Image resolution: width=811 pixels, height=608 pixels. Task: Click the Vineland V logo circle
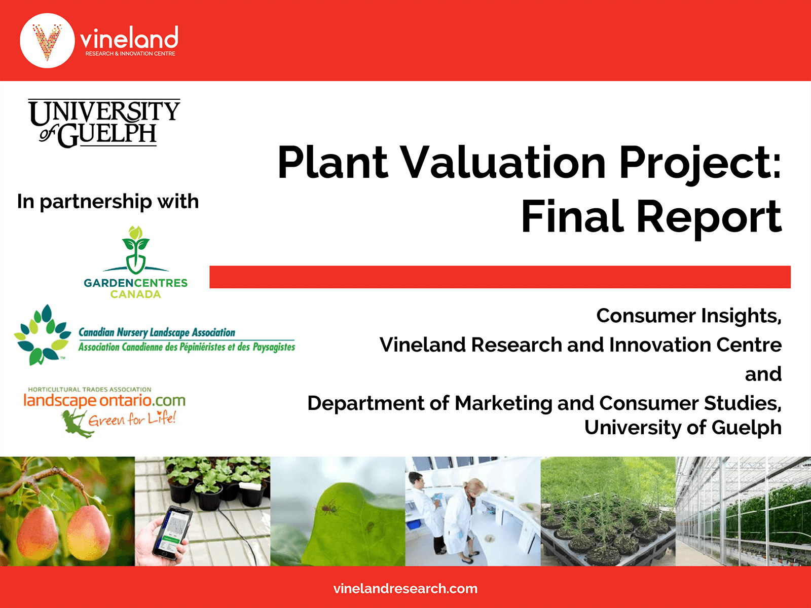point(47,41)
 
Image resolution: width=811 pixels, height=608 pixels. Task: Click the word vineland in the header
point(129,38)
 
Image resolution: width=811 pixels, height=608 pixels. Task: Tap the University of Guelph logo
point(104,123)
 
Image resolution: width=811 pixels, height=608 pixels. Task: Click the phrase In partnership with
point(108,202)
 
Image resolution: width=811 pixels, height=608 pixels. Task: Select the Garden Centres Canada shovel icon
point(136,251)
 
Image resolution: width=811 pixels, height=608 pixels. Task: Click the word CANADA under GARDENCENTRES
point(135,294)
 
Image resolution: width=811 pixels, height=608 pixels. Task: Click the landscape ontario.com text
point(104,401)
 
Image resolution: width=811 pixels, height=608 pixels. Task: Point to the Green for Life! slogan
point(132,420)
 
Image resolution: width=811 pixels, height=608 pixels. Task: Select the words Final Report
point(651,217)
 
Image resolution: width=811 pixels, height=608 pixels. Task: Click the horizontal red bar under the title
point(500,277)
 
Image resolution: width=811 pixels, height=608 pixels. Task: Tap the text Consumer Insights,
point(688,316)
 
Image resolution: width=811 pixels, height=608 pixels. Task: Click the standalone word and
point(763,374)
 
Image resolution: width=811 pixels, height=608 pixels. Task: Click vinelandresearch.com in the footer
point(405,589)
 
